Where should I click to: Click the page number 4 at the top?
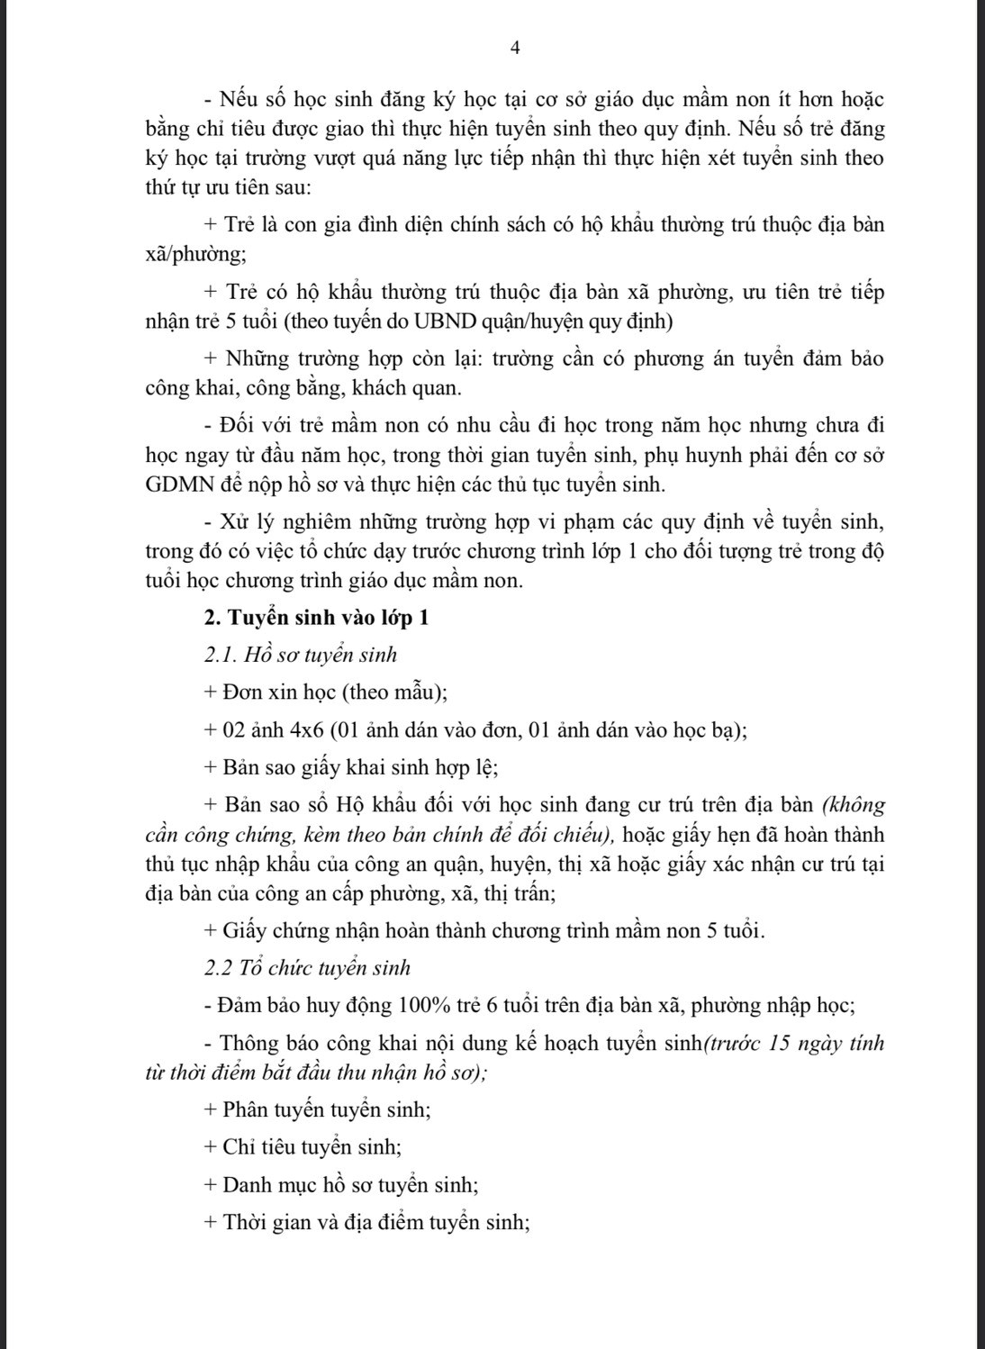click(514, 49)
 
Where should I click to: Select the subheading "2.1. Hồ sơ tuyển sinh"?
click(301, 655)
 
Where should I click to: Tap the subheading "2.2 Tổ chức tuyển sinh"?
click(307, 968)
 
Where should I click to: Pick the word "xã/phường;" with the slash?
click(195, 254)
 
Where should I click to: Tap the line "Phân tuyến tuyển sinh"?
click(327, 1110)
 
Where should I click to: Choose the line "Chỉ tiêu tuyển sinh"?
click(312, 1148)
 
